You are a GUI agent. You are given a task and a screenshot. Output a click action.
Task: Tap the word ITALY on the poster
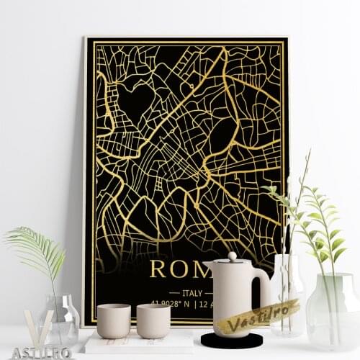coord(192,293)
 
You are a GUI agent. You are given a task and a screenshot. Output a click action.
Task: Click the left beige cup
coord(113,320)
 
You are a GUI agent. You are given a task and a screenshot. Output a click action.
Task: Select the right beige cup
coord(153,320)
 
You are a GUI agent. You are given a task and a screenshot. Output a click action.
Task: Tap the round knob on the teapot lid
coord(232,256)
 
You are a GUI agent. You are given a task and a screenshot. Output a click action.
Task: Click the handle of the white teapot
coord(262,288)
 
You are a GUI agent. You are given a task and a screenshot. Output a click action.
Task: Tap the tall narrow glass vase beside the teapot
coord(287,295)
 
